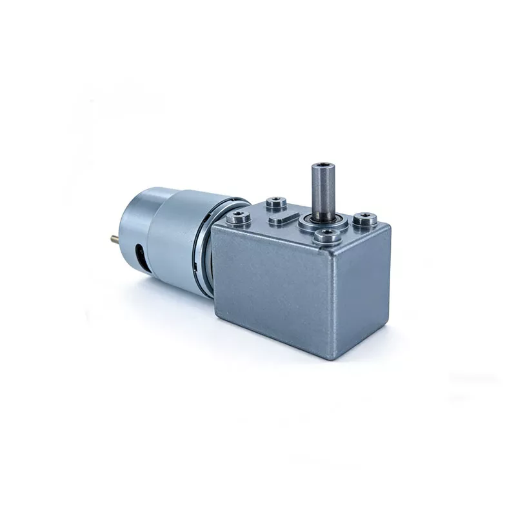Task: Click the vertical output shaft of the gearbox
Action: coord(323,190)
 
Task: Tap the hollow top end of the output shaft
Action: coord(323,166)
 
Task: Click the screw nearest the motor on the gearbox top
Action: coord(239,217)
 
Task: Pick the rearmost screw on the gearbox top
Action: coord(277,202)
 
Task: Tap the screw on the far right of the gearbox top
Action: coord(365,219)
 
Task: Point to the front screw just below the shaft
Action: coord(327,236)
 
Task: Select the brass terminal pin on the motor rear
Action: coord(115,238)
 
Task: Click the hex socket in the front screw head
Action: coord(327,235)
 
